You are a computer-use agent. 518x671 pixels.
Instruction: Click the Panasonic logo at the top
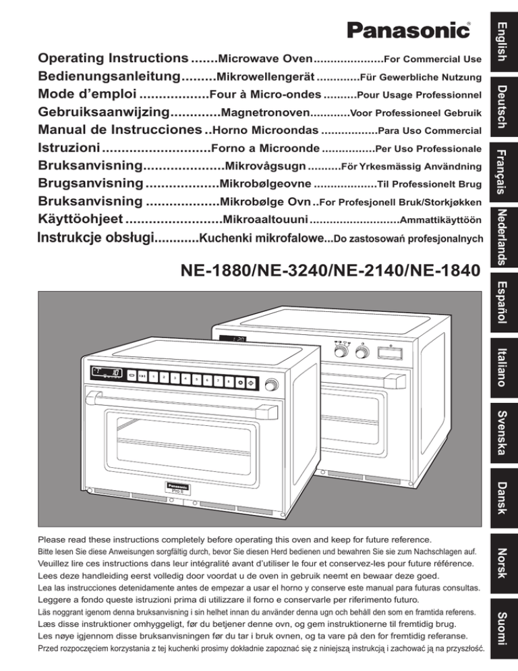click(x=409, y=30)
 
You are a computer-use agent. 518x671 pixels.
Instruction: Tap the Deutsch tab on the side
click(x=500, y=106)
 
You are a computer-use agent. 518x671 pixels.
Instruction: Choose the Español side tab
click(x=500, y=302)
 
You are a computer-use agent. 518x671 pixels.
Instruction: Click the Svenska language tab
click(x=500, y=433)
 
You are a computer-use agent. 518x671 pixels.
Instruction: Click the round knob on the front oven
click(x=272, y=385)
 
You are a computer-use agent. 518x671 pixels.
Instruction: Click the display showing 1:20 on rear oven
click(x=238, y=340)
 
